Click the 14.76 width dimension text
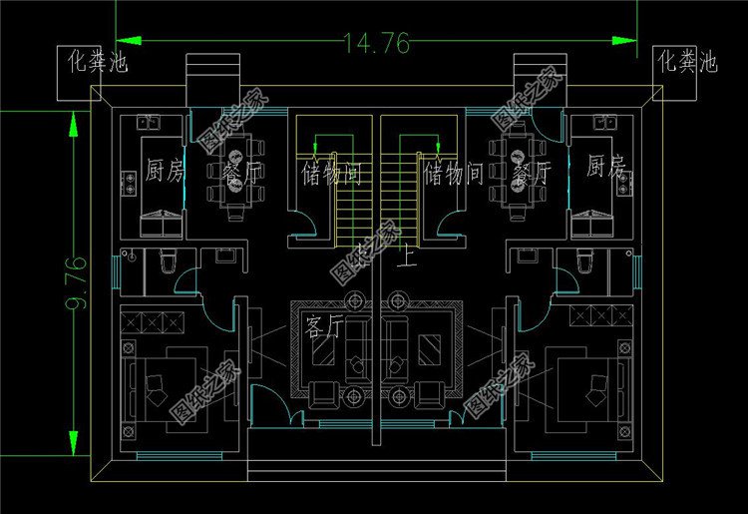pyautogui.click(x=376, y=43)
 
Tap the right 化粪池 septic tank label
pyautogui.click(x=687, y=62)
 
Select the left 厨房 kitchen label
pyautogui.click(x=164, y=171)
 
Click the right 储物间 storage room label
pyautogui.click(x=454, y=176)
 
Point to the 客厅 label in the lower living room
pyautogui.click(x=324, y=327)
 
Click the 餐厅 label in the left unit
pyautogui.click(x=243, y=173)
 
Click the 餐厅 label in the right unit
pyautogui.click(x=531, y=173)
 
